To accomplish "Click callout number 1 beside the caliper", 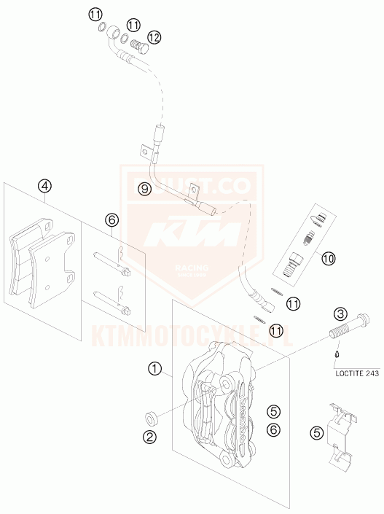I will tap(154, 368).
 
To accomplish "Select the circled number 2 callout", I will tap(149, 437).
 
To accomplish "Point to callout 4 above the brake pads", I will tap(45, 186).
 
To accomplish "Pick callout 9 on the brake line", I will tap(145, 189).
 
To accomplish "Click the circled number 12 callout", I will tap(153, 36).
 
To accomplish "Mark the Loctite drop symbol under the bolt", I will tap(336, 355).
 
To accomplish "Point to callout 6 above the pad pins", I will tap(111, 219).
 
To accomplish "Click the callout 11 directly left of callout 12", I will tap(133, 26).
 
